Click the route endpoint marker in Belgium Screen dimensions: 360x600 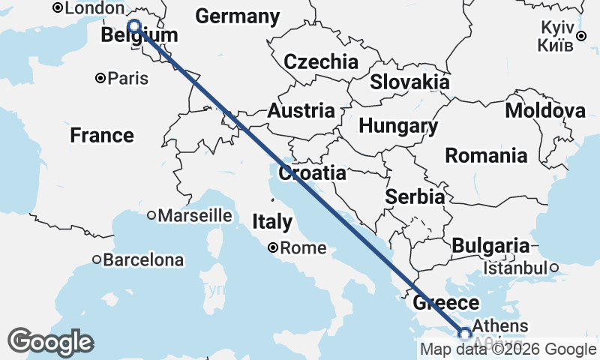click(x=134, y=27)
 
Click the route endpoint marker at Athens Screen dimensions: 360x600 click(x=465, y=334)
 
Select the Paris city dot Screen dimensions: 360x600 click(x=100, y=78)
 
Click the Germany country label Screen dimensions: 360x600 click(x=237, y=16)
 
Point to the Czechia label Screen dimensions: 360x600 click(x=321, y=61)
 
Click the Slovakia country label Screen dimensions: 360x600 click(x=409, y=82)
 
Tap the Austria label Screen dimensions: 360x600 click(x=301, y=111)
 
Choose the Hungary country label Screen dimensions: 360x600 click(x=398, y=126)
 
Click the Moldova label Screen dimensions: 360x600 click(x=545, y=111)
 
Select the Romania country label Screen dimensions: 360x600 click(x=486, y=156)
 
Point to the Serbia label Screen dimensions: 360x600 click(x=415, y=196)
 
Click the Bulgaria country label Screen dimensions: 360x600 click(x=490, y=245)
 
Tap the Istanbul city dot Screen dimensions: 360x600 click(x=553, y=268)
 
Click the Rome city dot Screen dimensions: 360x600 click(x=273, y=247)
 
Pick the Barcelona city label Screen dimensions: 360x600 click(x=143, y=260)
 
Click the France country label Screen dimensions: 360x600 click(x=102, y=136)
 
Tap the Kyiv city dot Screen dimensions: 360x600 click(x=581, y=36)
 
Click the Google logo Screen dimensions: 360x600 click(x=50, y=342)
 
